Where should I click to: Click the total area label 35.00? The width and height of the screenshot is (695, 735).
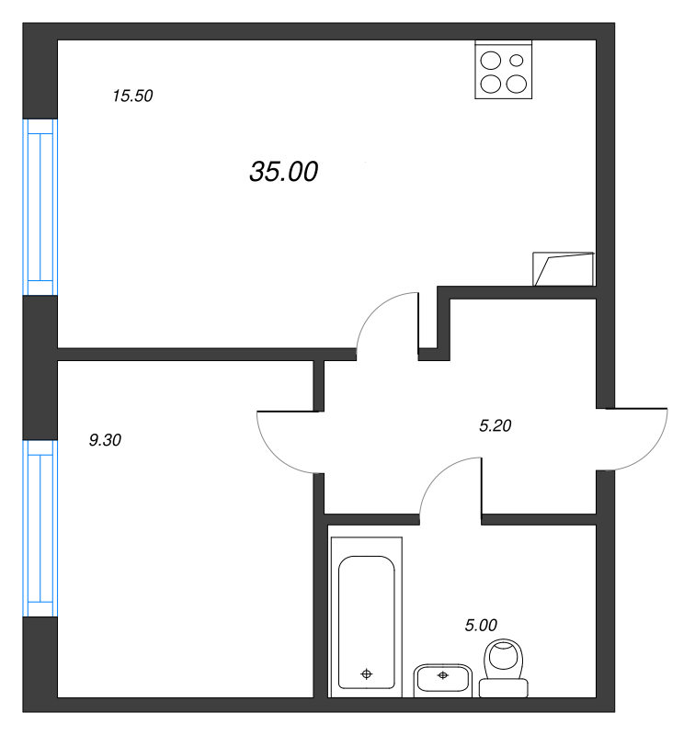click(283, 172)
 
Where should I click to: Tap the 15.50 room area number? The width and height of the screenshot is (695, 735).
click(131, 96)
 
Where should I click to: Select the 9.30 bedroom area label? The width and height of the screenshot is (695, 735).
click(105, 440)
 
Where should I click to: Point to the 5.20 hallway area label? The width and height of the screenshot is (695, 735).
click(496, 425)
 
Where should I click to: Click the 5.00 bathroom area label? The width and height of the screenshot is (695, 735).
click(481, 626)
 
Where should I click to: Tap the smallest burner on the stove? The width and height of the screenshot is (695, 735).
click(517, 61)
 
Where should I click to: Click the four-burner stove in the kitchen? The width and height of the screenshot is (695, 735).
click(503, 71)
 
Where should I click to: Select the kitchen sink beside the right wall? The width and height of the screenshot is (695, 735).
click(564, 268)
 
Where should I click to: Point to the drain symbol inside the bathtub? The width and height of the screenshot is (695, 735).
click(367, 674)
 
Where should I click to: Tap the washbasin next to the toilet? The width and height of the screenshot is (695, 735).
click(443, 678)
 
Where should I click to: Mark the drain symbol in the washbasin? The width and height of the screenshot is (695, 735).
click(443, 676)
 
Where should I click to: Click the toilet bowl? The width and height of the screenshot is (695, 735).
click(503, 658)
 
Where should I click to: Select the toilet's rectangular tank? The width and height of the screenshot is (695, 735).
click(504, 686)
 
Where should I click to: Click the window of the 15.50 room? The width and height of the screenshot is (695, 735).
click(40, 207)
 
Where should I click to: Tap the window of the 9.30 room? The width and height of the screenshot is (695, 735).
click(40, 527)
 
